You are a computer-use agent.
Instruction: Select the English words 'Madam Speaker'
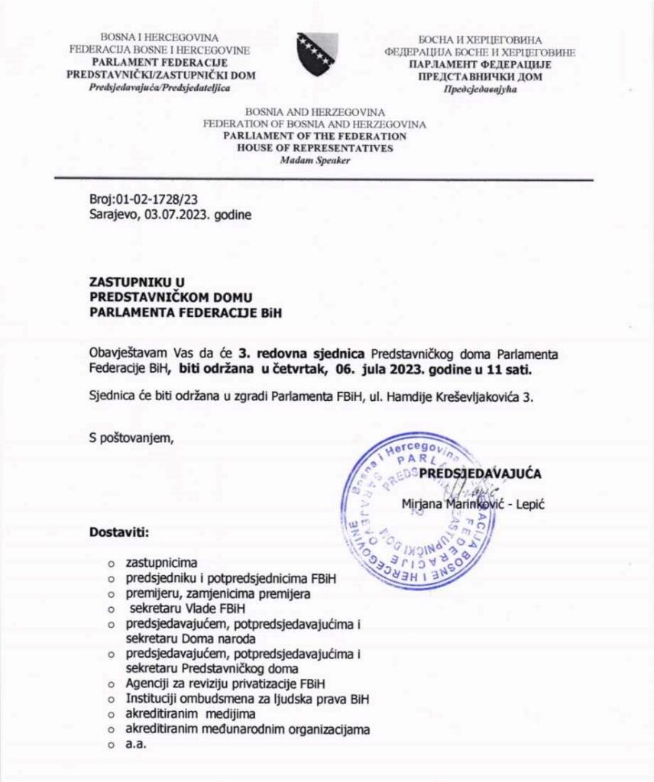[x=314, y=160]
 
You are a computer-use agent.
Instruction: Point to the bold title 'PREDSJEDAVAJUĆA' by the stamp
[x=481, y=473]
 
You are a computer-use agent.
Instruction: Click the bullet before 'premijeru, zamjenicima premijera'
[x=111, y=594]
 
